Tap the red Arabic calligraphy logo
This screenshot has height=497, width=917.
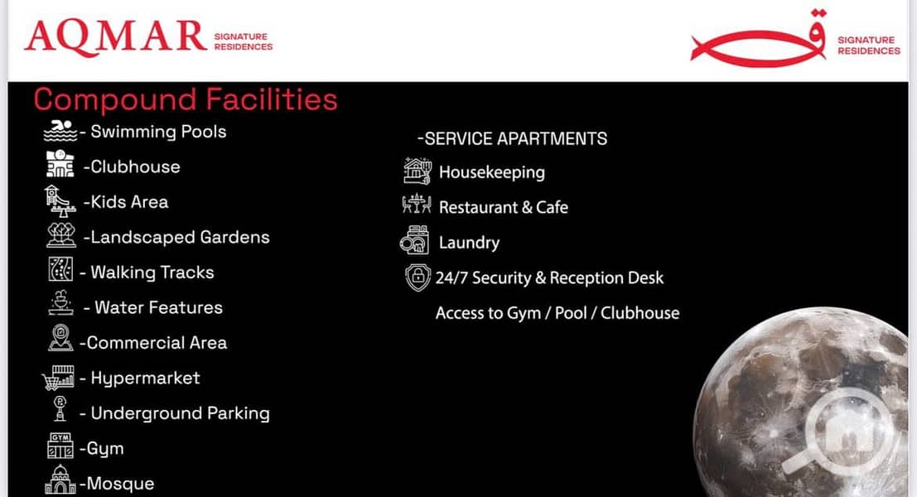coord(759,40)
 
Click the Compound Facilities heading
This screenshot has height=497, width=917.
coord(186,99)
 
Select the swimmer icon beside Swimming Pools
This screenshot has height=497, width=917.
coord(60,131)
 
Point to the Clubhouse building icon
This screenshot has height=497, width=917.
coord(60,164)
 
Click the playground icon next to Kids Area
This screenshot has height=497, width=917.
coord(60,201)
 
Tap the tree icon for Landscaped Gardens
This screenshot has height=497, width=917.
coord(60,235)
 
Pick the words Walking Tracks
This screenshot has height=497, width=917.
coord(152,273)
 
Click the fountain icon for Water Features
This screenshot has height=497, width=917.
coord(60,303)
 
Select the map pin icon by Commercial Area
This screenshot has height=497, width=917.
coord(60,338)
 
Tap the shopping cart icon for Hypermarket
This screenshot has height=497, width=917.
coord(58,378)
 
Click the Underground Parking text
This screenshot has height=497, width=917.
coord(180,413)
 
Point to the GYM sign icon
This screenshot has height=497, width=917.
coord(60,446)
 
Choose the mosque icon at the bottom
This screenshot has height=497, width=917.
coord(60,480)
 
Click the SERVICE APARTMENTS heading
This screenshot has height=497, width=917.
coord(512,138)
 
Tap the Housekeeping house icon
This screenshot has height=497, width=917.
coord(417,171)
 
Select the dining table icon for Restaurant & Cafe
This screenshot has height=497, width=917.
coord(417,205)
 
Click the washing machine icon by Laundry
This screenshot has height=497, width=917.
coord(415,239)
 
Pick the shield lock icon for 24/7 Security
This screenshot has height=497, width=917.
coord(417,277)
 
